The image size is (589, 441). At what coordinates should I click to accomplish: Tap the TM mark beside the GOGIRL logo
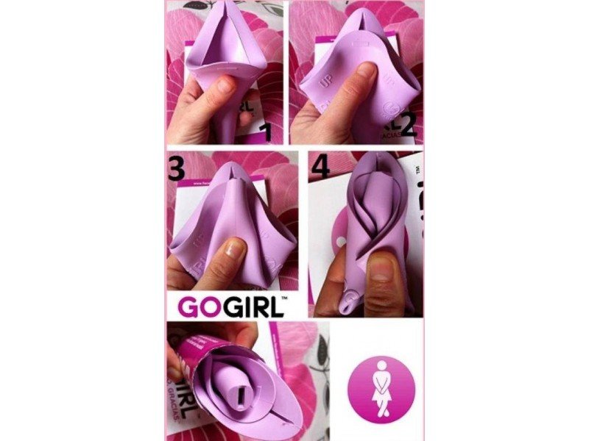pos(281,299)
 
